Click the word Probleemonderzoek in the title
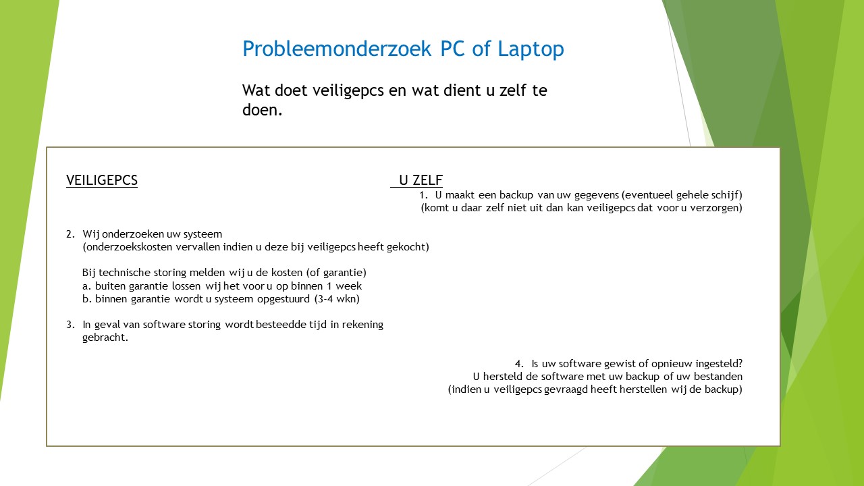tap(337, 49)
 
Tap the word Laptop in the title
tap(531, 49)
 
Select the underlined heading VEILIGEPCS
tap(102, 180)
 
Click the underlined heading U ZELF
tap(421, 180)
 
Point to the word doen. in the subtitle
tap(263, 110)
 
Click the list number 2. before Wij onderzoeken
tap(71, 234)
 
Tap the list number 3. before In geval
tap(71, 325)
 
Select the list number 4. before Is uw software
tap(519, 363)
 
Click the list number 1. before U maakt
tap(423, 195)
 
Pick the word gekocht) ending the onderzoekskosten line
tap(408, 247)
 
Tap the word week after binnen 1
tap(349, 286)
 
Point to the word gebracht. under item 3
tap(105, 337)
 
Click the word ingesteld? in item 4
tap(719, 364)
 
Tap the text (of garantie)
tap(336, 273)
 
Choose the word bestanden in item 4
tap(718, 377)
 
